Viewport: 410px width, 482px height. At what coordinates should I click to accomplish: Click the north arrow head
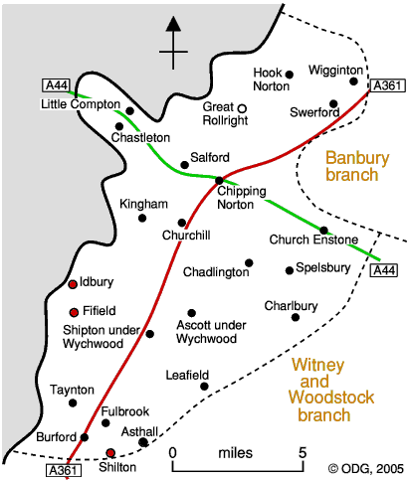[x=173, y=24]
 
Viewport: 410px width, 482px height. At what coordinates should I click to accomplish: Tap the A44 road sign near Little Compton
[x=56, y=85]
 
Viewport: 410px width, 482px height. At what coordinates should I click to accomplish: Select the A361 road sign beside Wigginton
[x=387, y=85]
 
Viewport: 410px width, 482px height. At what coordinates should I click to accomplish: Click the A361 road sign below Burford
[x=64, y=470]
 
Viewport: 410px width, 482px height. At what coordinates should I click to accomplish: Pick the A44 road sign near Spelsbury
[x=384, y=270]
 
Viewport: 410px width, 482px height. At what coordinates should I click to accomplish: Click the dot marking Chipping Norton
[x=219, y=181]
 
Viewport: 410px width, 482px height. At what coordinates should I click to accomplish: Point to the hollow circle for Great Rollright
[x=243, y=108]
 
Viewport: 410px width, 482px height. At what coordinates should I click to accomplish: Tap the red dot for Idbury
[x=73, y=284]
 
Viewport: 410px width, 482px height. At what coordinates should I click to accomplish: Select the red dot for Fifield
[x=74, y=312]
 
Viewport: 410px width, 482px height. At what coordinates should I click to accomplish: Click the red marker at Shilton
[x=110, y=453]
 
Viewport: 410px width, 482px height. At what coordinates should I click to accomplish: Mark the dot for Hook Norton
[x=290, y=75]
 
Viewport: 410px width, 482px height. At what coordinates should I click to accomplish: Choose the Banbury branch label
[x=357, y=166]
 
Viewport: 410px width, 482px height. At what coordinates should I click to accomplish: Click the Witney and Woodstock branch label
[x=331, y=390]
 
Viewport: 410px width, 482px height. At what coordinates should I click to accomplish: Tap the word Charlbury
[x=291, y=306]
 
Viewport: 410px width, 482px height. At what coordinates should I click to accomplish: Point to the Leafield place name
[x=187, y=375]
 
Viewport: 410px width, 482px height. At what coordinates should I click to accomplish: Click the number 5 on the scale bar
[x=303, y=452]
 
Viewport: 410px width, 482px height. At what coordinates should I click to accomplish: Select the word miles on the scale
[x=236, y=453]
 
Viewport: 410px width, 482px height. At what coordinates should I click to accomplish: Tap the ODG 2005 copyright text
[x=366, y=469]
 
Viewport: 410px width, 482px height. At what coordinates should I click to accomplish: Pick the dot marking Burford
[x=85, y=437]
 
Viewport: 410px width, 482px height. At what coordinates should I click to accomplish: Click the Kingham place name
[x=143, y=205]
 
